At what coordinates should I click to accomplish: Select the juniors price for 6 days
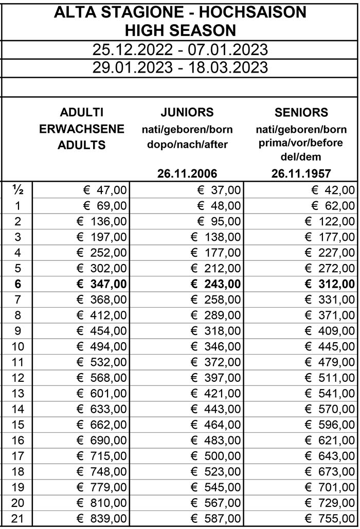coord(215,284)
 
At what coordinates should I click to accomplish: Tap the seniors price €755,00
coord(330,518)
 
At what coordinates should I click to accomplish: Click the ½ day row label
coord(17,190)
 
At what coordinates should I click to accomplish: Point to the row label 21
coord(17,518)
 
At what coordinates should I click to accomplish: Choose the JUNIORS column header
coord(187,112)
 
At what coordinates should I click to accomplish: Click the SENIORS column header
coord(301,112)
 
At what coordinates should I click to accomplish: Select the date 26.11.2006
coord(187,173)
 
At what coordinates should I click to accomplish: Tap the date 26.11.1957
coord(301,173)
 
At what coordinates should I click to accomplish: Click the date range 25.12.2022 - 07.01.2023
coord(180,50)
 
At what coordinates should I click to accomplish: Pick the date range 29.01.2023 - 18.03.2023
coord(180,67)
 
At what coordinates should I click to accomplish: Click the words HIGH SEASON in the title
coord(180,30)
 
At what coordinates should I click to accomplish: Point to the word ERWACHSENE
coord(82,129)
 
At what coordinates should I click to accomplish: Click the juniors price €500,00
coord(215,455)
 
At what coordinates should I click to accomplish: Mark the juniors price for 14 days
coord(215,409)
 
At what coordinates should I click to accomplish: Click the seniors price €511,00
coord(330,378)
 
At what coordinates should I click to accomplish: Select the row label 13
coord(17,393)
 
